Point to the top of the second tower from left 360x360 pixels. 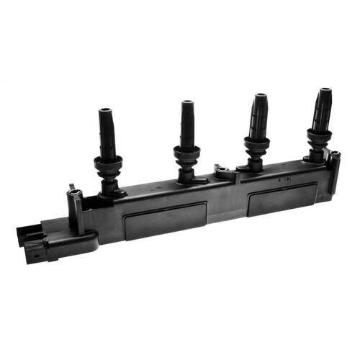coord(187,103)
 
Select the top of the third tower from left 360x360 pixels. coord(260,96)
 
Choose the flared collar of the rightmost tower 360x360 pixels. coord(319,135)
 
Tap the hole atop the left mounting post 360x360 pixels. coord(74,192)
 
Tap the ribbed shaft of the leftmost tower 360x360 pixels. coord(107,137)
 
